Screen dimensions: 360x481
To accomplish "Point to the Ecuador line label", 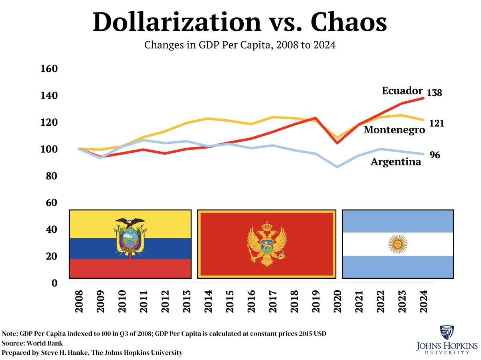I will (402, 91).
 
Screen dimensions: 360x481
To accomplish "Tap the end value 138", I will (434, 93).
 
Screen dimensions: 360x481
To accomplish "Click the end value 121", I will (437, 123).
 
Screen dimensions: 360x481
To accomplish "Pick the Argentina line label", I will (396, 162).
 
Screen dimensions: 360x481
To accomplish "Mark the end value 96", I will (435, 155).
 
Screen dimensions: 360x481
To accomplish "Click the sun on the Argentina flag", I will (398, 244).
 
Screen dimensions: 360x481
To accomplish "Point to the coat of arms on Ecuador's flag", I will (129, 238).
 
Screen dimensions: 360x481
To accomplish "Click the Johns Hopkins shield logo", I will (447, 333).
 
